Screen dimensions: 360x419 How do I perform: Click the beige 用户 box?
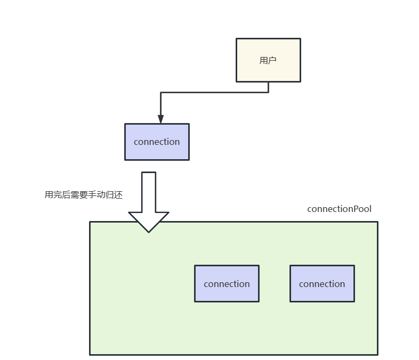(x=268, y=60)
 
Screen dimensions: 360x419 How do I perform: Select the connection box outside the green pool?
(x=157, y=142)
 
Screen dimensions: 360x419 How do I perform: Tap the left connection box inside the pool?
(x=227, y=283)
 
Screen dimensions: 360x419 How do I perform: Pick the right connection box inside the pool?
(x=322, y=283)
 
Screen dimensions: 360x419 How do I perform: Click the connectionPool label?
(x=339, y=209)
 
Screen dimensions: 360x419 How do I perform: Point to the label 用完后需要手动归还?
(x=84, y=195)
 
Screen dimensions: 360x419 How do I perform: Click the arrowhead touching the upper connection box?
(x=160, y=119)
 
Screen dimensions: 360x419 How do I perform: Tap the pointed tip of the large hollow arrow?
(x=149, y=231)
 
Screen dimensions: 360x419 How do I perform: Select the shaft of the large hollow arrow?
(x=149, y=192)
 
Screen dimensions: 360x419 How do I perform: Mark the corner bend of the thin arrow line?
(x=161, y=93)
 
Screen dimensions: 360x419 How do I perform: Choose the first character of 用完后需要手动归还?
(x=49, y=195)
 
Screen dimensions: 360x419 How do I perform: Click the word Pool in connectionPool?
(x=362, y=209)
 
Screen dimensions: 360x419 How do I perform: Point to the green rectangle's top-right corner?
(x=377, y=222)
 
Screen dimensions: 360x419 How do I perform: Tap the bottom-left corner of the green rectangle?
(x=90, y=354)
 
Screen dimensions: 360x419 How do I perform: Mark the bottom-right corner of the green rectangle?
(x=377, y=354)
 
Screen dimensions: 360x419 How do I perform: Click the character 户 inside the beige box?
(x=272, y=60)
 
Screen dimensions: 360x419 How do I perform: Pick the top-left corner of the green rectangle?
(x=90, y=222)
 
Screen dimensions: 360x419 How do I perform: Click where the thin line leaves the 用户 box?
(x=268, y=83)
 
